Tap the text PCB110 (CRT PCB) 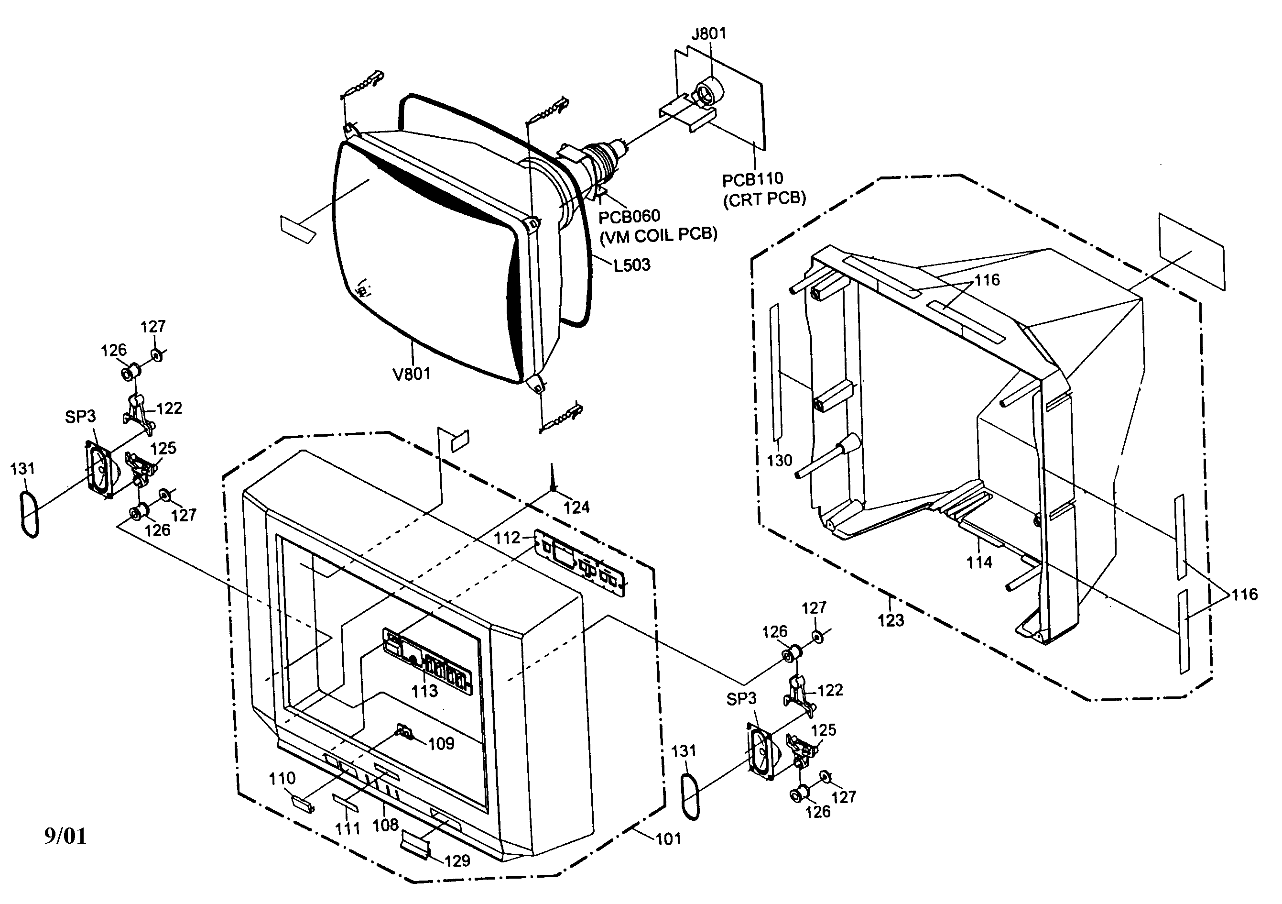[763, 189]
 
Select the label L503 [631, 265]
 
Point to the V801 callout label [412, 374]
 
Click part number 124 [576, 507]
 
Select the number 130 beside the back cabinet [780, 461]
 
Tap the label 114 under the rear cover [979, 562]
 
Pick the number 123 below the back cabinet [891, 620]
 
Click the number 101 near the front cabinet [668, 838]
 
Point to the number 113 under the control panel [424, 691]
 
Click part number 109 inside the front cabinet [441, 744]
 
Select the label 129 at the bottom [457, 861]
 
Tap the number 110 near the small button [282, 778]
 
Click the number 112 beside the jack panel [507, 538]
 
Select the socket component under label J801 [706, 92]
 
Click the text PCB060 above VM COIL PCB [629, 216]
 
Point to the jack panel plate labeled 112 [581, 562]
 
